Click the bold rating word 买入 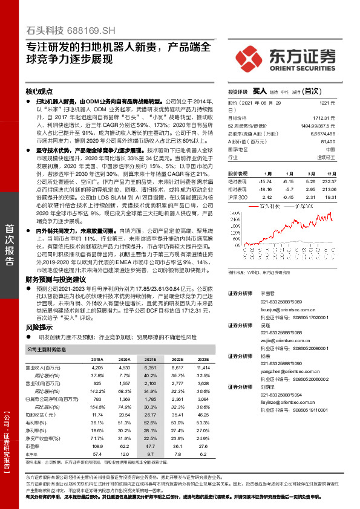pyautogui.click(x=259, y=91)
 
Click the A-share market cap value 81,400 pyautogui.click(x=327, y=140)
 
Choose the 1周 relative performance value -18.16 pyautogui.click(x=265, y=189)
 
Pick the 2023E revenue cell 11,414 pyautogui.click(x=203, y=368)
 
